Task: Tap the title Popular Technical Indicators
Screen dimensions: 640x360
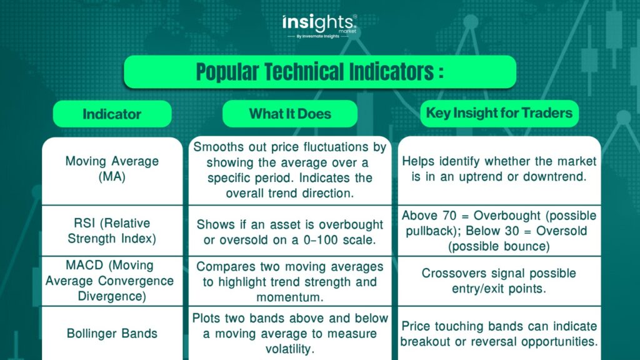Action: [320, 72]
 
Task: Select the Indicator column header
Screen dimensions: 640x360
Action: [112, 114]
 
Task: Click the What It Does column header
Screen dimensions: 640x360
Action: [290, 114]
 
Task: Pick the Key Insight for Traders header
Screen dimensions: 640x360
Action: [499, 113]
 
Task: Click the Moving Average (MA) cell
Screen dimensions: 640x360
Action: [112, 171]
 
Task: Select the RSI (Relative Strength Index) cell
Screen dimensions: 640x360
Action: [112, 231]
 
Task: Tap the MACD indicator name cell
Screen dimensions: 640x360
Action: [112, 281]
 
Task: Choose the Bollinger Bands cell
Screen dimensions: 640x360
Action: [112, 334]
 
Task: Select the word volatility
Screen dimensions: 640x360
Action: [289, 349]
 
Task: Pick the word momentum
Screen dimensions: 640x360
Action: [290, 297]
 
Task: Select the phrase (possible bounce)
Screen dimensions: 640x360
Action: [499, 246]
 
